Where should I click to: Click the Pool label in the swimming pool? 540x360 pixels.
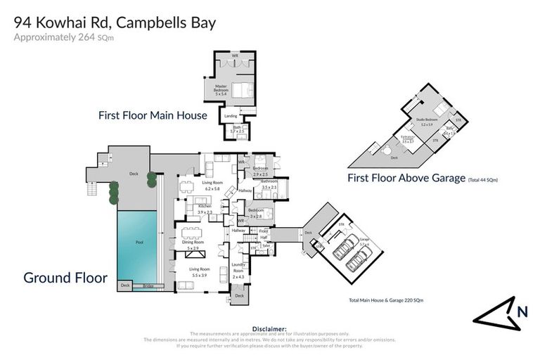[x=138, y=243]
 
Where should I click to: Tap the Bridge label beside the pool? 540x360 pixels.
[x=148, y=285]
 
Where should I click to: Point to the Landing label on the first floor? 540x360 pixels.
[x=230, y=115]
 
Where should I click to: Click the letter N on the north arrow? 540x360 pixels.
[x=522, y=312]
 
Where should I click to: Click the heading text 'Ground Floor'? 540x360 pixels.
[x=65, y=278]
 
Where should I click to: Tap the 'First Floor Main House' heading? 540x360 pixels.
[x=153, y=115]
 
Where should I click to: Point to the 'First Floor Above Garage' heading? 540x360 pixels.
[x=406, y=179]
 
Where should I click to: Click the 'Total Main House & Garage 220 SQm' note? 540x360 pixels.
[x=386, y=300]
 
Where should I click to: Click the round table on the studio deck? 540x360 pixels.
[x=385, y=149]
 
